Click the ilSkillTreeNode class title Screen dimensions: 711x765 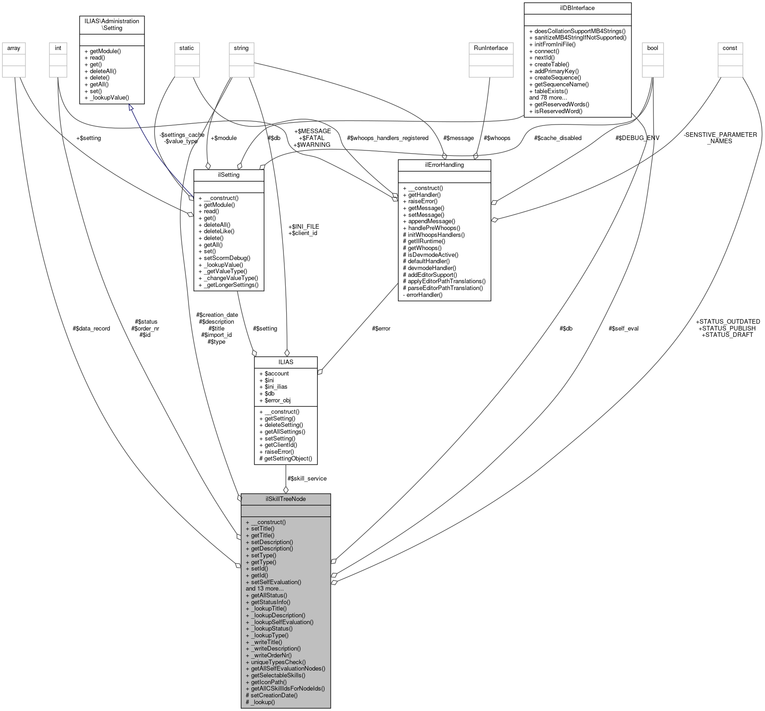coord(285,499)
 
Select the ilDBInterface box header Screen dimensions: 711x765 coord(577,8)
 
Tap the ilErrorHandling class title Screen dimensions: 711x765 coord(444,165)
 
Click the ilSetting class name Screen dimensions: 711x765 coord(229,175)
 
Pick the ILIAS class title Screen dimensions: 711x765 coord(285,362)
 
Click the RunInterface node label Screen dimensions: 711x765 coord(491,48)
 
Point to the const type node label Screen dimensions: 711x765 coord(730,48)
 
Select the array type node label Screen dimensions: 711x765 coord(14,48)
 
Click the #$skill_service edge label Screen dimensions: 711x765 coord(307,478)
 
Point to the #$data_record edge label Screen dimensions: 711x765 coord(91,328)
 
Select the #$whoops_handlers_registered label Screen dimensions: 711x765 coord(387,138)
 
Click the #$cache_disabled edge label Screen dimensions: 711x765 coord(557,138)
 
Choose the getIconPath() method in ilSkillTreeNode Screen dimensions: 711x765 coord(266,682)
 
